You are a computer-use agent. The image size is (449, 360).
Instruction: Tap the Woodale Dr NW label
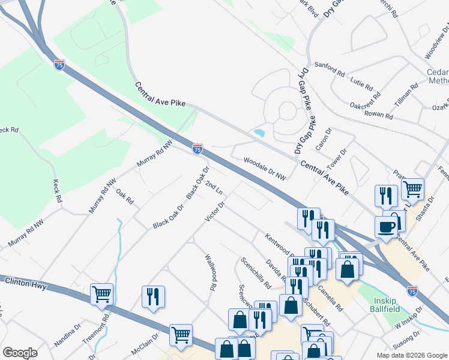264,169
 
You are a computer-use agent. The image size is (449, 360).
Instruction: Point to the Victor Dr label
215,211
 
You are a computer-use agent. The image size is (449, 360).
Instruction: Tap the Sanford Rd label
330,70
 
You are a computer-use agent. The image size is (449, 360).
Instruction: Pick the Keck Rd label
58,190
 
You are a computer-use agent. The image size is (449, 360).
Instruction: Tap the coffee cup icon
387,227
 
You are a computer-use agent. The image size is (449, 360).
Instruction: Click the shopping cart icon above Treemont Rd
102,294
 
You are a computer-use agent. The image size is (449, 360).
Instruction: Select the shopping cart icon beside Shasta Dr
412,189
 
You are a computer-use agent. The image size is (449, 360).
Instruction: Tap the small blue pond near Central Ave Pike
259,132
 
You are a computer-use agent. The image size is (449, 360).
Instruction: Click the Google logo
20,353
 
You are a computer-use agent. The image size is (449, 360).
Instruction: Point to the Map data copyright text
411,355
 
